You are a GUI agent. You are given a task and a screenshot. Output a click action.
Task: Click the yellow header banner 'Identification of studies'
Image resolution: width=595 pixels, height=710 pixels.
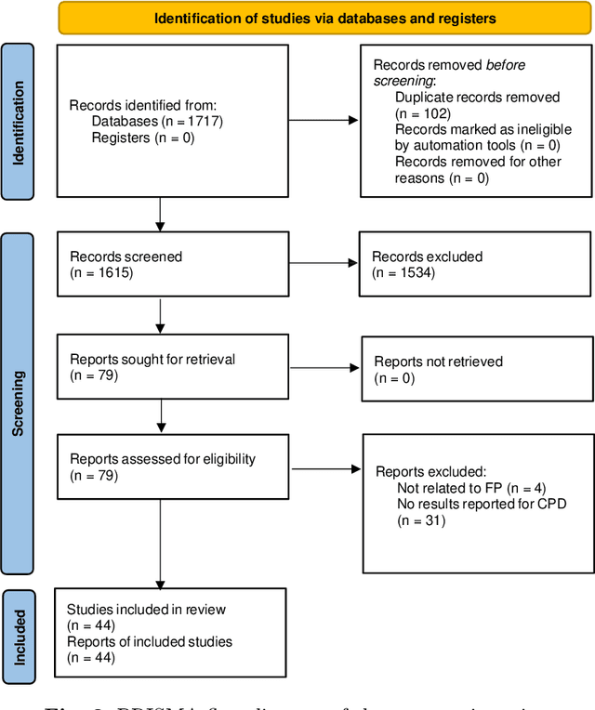point(324,18)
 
